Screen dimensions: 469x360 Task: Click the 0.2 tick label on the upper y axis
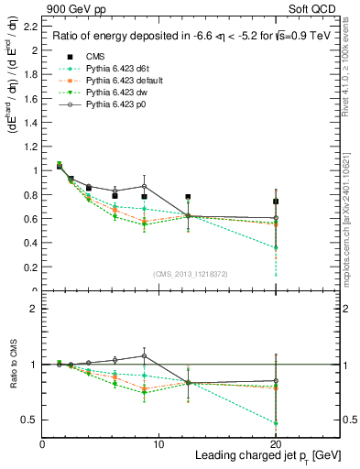(x=32, y=267)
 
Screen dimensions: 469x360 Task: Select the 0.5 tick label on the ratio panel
(x=32, y=420)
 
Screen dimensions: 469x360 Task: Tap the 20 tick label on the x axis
(x=276, y=443)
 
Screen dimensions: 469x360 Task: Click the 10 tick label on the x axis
(x=158, y=443)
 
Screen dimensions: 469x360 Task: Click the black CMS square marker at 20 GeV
(x=276, y=202)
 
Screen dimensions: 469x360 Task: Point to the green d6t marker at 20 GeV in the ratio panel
(x=276, y=422)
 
